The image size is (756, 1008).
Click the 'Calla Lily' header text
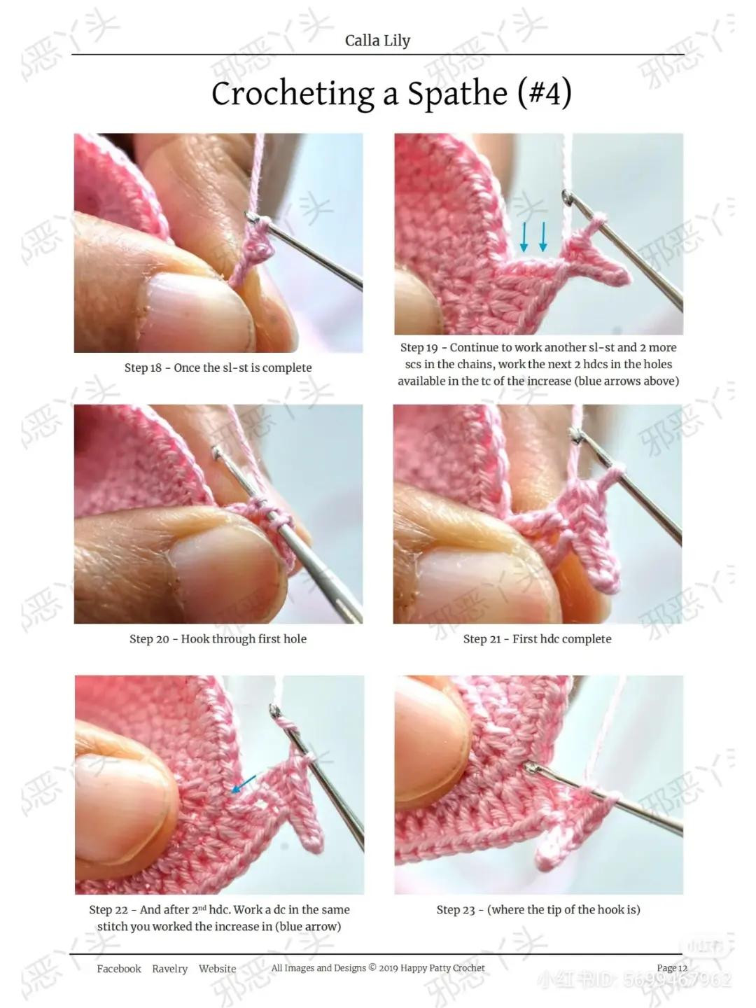[x=377, y=41]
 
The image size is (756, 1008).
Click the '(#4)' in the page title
[x=544, y=93]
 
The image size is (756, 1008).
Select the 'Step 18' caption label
[x=143, y=367]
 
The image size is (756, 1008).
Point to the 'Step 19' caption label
[x=419, y=347]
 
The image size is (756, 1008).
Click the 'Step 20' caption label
[x=149, y=638]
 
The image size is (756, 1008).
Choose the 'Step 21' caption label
[x=482, y=638]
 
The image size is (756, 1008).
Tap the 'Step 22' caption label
[x=108, y=909]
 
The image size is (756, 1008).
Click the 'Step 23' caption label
[x=456, y=909]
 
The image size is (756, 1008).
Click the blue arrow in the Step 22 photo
[x=243, y=784]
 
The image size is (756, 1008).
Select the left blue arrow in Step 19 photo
[x=524, y=237]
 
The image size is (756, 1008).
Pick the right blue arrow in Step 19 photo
[x=542, y=237]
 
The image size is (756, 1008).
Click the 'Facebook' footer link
[x=119, y=969]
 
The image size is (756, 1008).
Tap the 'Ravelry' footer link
[x=170, y=969]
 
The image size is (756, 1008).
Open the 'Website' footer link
[x=217, y=969]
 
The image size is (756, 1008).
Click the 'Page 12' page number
[x=671, y=968]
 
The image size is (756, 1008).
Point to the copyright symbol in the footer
[x=372, y=967]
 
